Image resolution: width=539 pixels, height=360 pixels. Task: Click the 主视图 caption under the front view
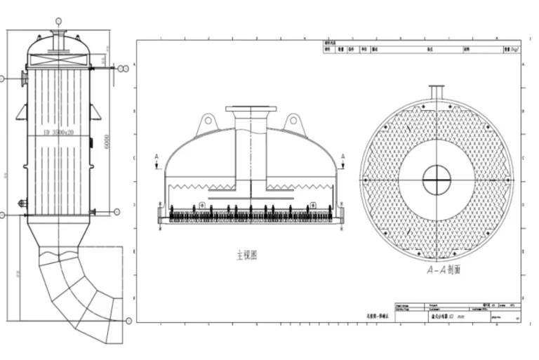[x=246, y=255]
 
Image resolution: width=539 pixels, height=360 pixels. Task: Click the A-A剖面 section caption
[x=444, y=269]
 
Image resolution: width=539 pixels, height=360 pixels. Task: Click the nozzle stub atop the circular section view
[x=437, y=93]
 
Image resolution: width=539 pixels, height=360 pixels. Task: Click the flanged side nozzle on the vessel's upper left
[x=25, y=78]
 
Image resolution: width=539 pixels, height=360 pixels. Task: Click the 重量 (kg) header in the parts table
[x=510, y=50]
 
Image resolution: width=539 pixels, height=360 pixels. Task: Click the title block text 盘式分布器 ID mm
[x=449, y=316]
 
